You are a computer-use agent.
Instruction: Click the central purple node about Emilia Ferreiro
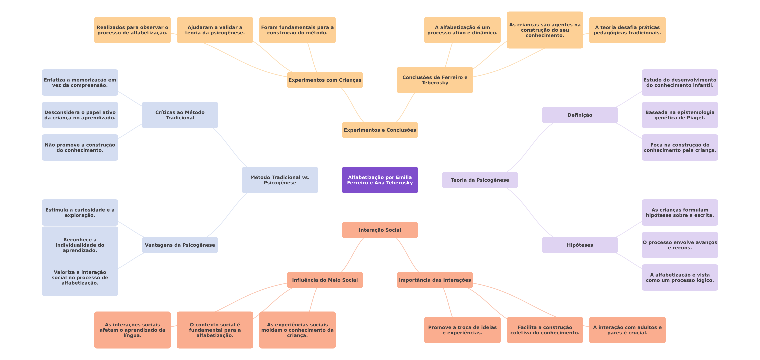(380, 180)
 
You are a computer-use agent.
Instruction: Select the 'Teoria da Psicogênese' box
(480, 180)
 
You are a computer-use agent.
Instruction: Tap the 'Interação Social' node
(380, 230)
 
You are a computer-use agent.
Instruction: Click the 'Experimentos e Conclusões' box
(380, 130)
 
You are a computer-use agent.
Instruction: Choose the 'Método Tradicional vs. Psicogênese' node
(280, 180)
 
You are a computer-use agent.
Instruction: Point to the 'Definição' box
(580, 115)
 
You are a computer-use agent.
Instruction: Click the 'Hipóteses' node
(580, 245)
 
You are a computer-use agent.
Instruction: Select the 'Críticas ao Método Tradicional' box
(180, 115)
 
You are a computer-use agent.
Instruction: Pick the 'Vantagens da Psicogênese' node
(180, 245)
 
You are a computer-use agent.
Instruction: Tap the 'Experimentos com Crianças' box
(325, 80)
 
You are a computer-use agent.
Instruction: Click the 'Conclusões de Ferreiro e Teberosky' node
(435, 80)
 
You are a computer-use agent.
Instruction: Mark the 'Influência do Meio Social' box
(325, 280)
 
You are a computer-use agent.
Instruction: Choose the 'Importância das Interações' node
(435, 280)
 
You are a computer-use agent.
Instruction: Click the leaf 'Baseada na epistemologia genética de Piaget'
(680, 115)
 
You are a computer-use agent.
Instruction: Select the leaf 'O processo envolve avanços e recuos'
(680, 245)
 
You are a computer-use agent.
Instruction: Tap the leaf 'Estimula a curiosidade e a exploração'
(80, 213)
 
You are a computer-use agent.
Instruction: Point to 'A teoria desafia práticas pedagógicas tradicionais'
(627, 30)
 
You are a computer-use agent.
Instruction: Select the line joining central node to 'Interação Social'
(380, 208)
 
